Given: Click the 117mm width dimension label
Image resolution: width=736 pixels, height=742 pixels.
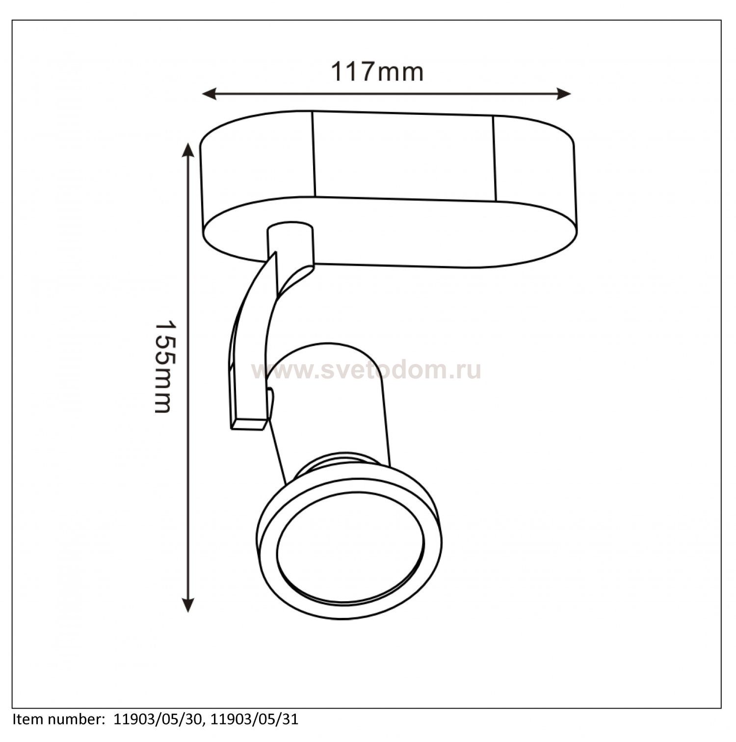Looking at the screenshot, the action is click(x=377, y=72).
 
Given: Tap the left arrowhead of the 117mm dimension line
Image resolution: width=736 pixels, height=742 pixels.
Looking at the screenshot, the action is click(x=210, y=94).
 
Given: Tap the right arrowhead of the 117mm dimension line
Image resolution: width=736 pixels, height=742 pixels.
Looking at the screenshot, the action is click(x=564, y=94).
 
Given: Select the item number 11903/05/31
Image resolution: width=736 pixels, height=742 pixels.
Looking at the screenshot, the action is click(x=255, y=720).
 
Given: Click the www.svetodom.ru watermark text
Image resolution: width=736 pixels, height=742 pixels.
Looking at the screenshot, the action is click(x=366, y=371).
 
